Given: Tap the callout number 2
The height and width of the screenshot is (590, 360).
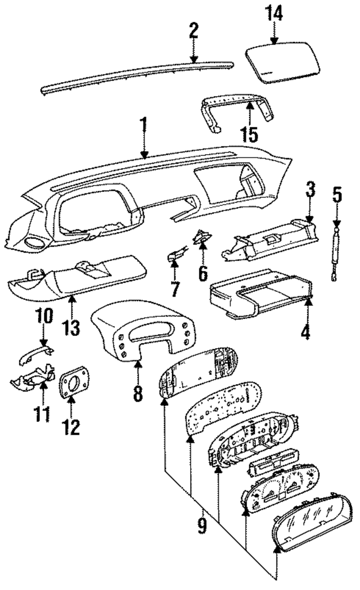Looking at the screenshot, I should [193, 30].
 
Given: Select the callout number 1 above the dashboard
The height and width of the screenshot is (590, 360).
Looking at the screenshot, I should [143, 125].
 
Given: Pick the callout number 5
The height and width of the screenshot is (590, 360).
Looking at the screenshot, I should [336, 199].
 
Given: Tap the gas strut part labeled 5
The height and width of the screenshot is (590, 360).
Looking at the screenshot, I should [336, 253].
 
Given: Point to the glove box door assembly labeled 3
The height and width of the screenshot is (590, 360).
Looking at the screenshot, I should [270, 242].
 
